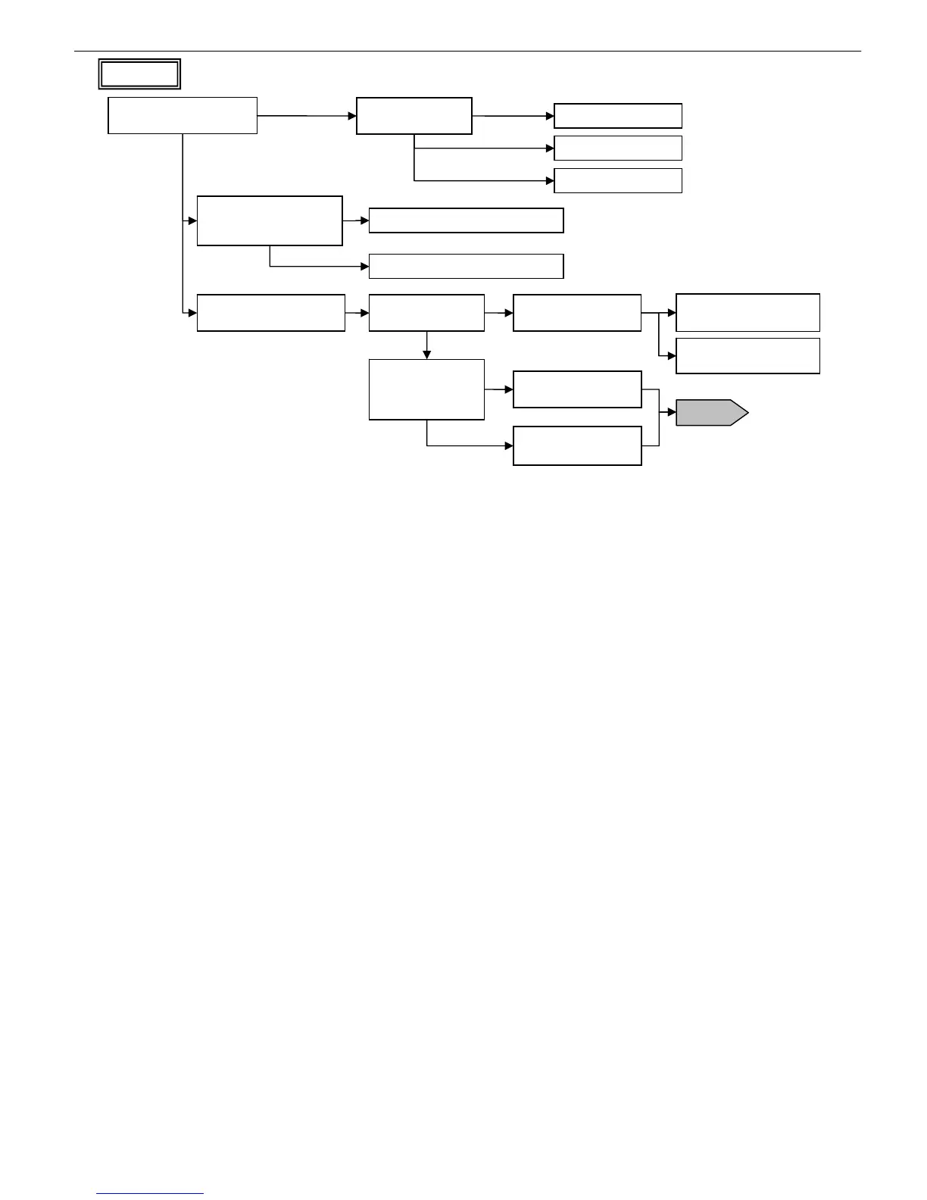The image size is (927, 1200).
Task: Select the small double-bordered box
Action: coord(139,74)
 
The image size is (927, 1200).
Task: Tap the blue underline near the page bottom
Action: coord(150,1193)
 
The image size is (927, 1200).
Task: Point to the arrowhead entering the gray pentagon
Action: coord(672,413)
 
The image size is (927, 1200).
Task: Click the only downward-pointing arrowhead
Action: coord(427,355)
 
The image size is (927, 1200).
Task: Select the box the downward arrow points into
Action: coord(426,389)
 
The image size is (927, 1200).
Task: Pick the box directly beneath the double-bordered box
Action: coord(183,116)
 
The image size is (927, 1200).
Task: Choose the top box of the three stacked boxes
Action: coord(618,116)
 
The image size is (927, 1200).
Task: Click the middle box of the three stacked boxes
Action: coord(618,148)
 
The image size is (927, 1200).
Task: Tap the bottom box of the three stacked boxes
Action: coord(618,181)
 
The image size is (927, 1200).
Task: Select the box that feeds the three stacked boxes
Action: coord(414,116)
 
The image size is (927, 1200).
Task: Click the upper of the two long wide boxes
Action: coord(466,220)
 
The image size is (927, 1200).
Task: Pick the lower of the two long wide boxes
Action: coord(466,267)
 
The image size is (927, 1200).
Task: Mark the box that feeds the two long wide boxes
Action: coord(270,220)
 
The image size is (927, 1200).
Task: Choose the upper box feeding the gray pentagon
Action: coord(577,389)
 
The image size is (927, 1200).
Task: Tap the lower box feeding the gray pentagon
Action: coord(577,445)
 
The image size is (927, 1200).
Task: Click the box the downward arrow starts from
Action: coord(426,313)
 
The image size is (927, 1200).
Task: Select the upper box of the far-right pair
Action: coord(748,313)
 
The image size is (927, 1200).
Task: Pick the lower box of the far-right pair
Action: coord(748,356)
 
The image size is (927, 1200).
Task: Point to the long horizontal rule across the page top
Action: coord(467,52)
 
